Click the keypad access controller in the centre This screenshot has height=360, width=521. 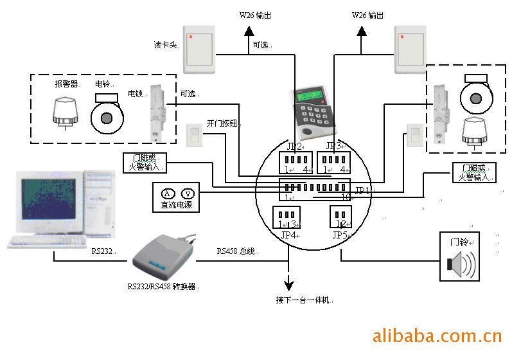coord(311,114)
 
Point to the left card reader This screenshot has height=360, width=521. coord(204,49)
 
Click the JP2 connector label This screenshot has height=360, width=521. coord(294,146)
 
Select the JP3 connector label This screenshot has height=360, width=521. coord(334,146)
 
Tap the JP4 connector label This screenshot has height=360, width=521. coord(289,235)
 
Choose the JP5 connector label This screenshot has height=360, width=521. coord(340,235)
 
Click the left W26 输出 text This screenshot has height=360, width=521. coord(254,15)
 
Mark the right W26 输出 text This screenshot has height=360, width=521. coord(367,15)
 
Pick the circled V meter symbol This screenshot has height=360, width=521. coord(188,194)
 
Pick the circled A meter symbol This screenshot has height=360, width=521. coord(167,194)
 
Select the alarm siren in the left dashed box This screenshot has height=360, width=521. coord(64,113)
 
